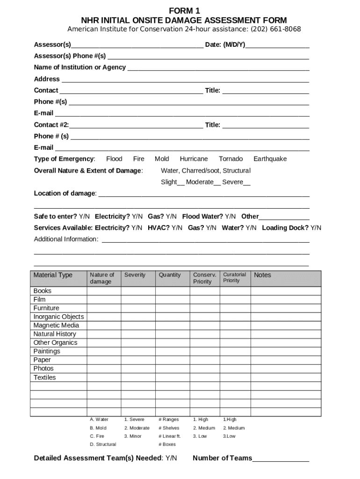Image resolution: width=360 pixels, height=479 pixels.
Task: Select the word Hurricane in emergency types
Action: tap(194, 159)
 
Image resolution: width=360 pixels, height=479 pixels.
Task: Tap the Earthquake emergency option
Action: tap(270, 159)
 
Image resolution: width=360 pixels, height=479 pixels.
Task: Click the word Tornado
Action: tap(230, 159)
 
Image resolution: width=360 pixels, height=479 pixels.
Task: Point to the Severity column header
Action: tap(135, 275)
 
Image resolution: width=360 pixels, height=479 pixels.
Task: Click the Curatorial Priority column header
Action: tap(234, 278)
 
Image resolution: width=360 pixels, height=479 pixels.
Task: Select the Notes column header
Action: tap(262, 275)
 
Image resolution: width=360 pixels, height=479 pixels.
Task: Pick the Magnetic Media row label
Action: tap(56, 326)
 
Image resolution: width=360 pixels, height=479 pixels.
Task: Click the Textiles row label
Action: tap(44, 377)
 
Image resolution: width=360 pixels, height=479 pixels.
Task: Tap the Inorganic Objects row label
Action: tap(58, 317)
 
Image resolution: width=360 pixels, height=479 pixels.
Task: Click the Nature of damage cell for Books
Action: tap(104, 291)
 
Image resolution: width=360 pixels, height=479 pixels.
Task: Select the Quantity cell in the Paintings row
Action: tap(173, 351)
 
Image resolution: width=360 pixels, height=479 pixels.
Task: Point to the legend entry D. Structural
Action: tap(103, 444)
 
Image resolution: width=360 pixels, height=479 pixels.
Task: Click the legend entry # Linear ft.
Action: tap(169, 436)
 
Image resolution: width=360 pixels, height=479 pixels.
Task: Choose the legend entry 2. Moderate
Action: tap(137, 428)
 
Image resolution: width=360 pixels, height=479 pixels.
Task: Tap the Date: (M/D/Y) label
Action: tap(225, 45)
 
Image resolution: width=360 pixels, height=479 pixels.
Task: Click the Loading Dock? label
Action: tap(285, 228)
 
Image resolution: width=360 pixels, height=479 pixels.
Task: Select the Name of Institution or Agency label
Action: tap(80, 67)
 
